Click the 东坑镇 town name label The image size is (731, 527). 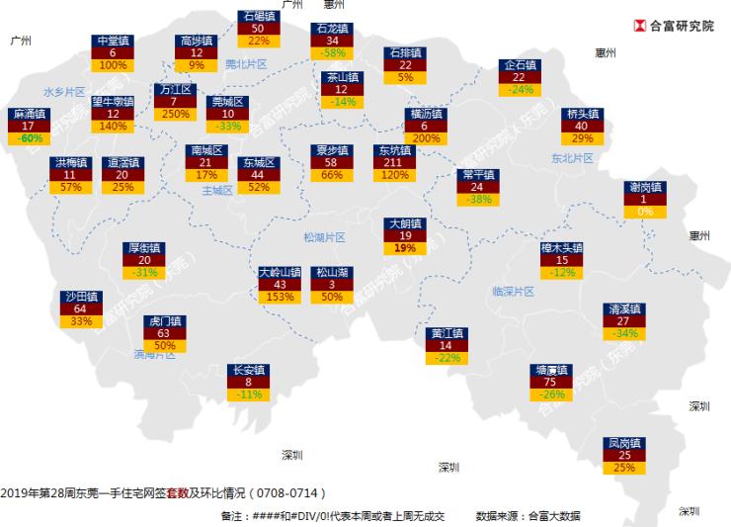393,150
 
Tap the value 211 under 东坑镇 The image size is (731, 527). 393,162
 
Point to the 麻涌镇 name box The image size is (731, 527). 28,114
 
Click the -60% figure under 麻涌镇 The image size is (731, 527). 28,138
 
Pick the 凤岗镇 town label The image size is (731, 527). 624,443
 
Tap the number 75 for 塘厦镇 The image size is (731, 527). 550,383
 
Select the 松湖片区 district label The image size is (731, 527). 324,237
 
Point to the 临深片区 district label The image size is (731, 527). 513,292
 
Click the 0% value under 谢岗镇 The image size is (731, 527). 645,212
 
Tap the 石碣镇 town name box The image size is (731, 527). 259,16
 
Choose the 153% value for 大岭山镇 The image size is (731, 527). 280,297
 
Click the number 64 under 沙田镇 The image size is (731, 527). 80,309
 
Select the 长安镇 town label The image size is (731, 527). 249,370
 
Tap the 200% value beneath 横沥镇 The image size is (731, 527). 426,138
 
